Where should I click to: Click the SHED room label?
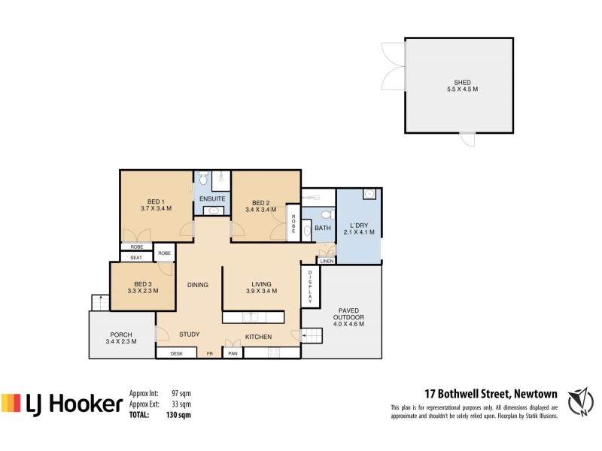[x=461, y=83]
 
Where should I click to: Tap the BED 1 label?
[x=157, y=201]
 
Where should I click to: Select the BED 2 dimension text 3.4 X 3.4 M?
[x=260, y=210]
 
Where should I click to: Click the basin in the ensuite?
[x=214, y=211]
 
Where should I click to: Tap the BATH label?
[x=323, y=228]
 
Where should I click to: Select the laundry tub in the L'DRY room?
[x=369, y=194]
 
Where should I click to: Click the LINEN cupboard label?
[x=326, y=261]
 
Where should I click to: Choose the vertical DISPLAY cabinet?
[x=309, y=286]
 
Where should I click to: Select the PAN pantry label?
[x=233, y=353]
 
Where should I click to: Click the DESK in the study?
[x=177, y=353]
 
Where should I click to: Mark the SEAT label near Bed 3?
[x=136, y=258]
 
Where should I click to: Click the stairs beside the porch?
[x=98, y=301]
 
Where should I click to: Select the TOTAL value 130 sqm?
[x=178, y=414]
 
